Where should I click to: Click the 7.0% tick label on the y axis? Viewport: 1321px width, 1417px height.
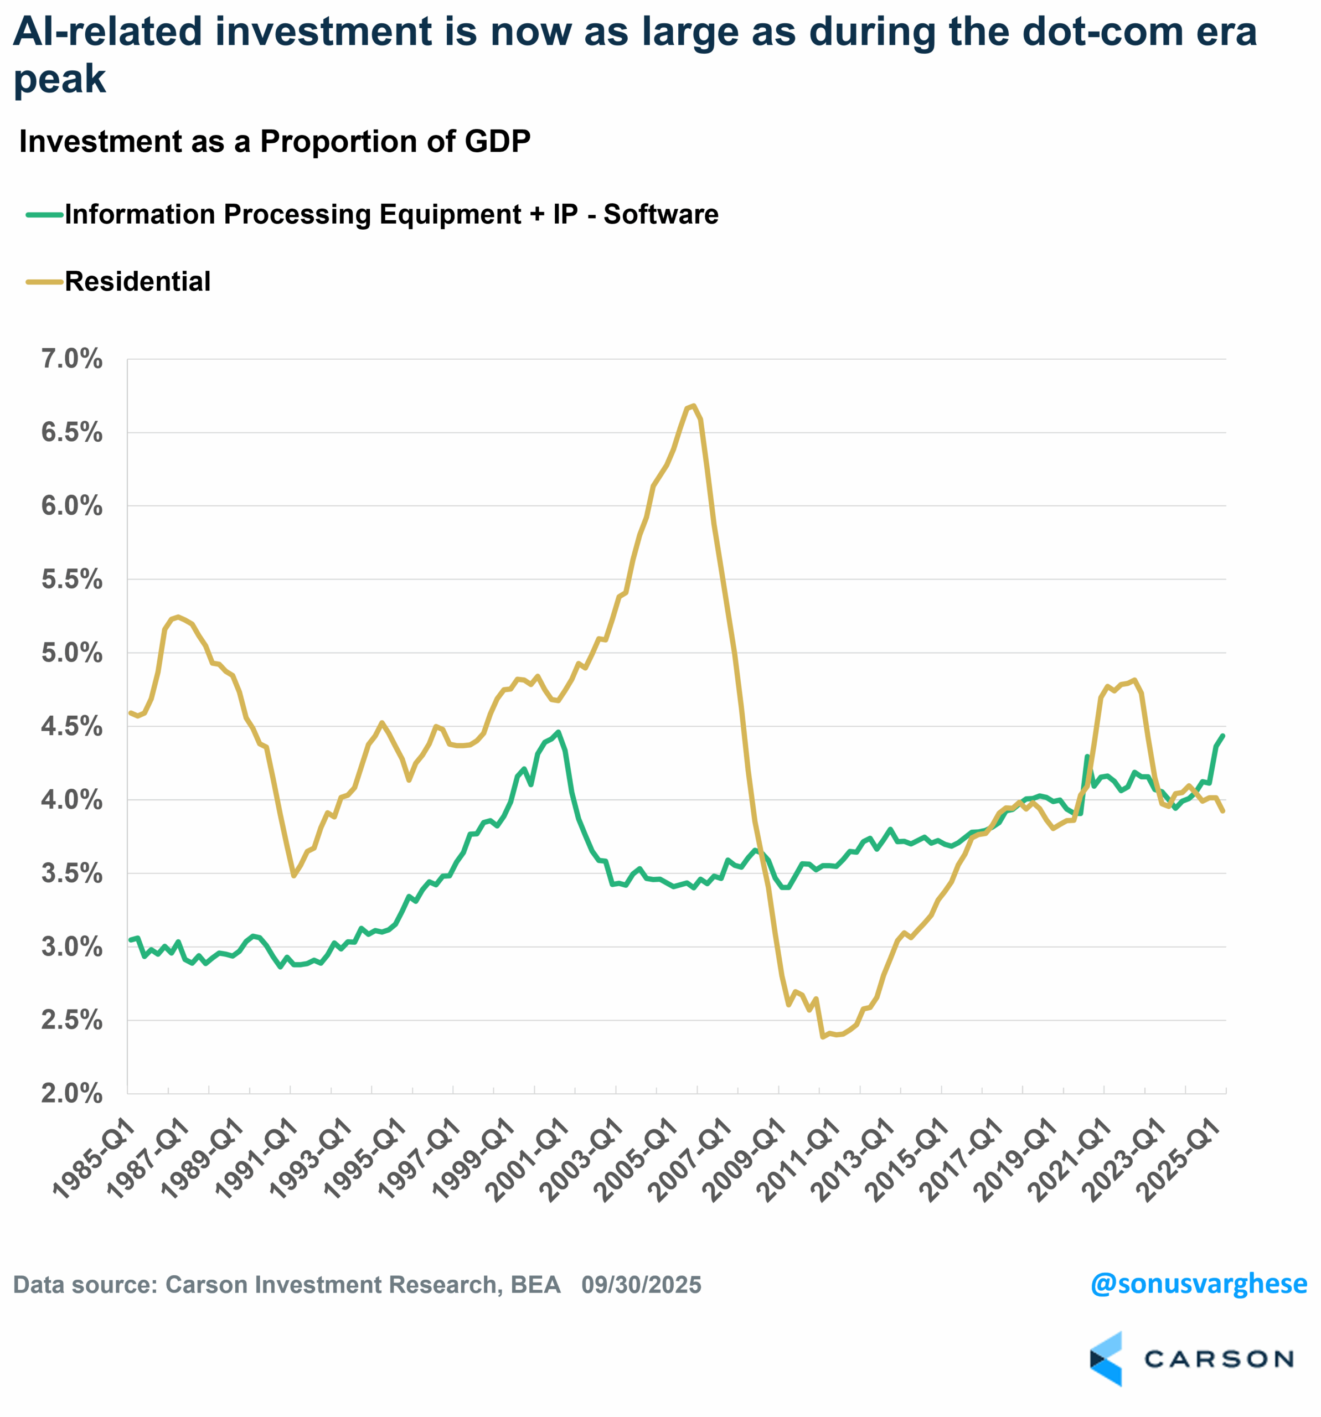click(x=72, y=359)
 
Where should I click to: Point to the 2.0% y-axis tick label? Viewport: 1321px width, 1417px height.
click(x=72, y=1093)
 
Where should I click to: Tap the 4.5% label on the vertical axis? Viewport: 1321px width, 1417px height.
click(x=72, y=727)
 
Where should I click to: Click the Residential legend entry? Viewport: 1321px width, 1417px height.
click(x=138, y=282)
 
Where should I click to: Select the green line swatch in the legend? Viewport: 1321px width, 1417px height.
click(x=44, y=215)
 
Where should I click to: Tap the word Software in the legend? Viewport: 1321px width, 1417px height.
click(x=661, y=215)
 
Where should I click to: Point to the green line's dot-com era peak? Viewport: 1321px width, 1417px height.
click(x=558, y=732)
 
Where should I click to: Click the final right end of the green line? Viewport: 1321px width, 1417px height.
click(x=1224, y=736)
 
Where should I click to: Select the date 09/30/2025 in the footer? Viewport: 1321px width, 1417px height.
click(x=641, y=1284)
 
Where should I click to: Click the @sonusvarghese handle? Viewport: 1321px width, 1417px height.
click(x=1199, y=1283)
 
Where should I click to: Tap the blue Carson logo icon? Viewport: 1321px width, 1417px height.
click(x=1106, y=1358)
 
